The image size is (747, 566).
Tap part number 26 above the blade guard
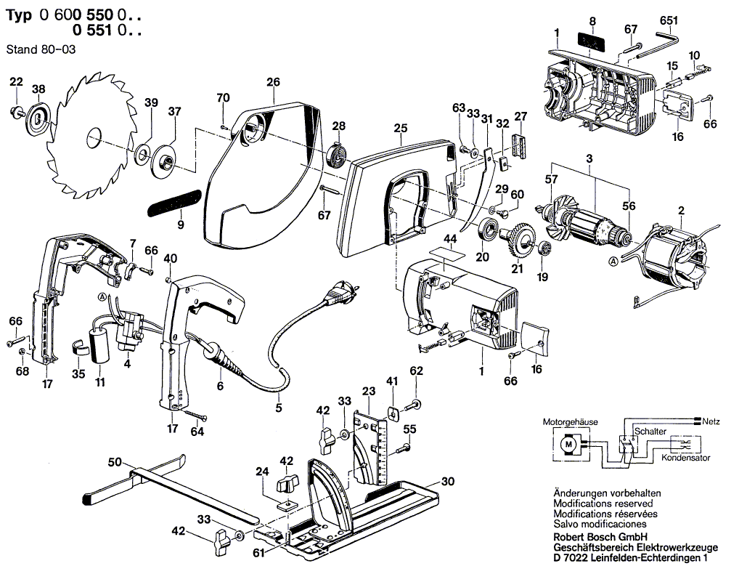(x=272, y=82)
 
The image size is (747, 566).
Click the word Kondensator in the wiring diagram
(x=685, y=458)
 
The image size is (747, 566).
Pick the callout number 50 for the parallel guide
(x=114, y=462)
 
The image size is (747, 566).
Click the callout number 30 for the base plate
(x=447, y=481)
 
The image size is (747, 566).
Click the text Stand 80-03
(x=40, y=49)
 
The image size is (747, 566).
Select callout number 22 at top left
(x=17, y=81)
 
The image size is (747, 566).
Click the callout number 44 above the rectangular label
(x=450, y=238)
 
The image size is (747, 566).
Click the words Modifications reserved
(x=603, y=503)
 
